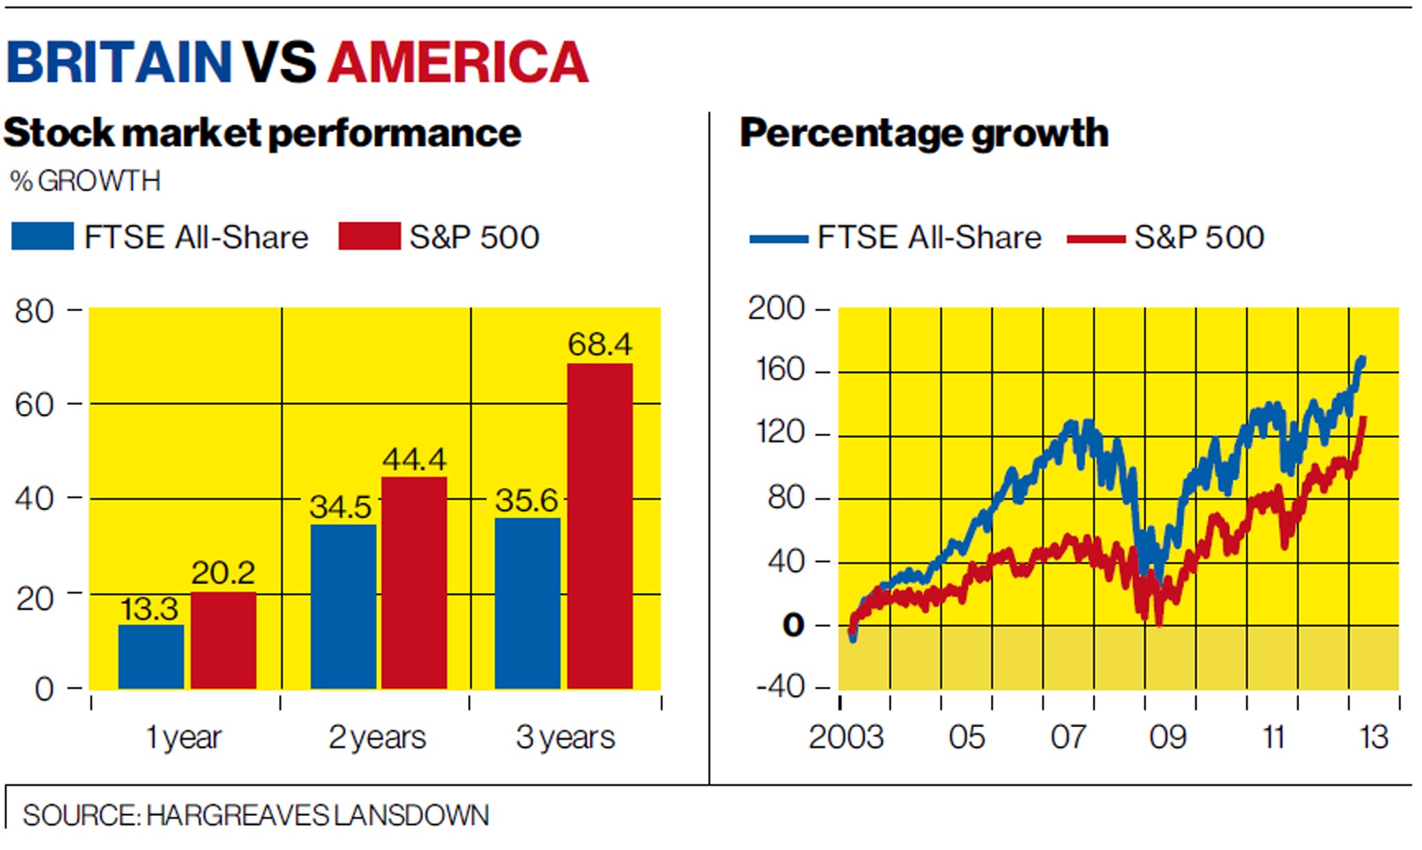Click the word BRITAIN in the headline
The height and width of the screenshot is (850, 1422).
(x=118, y=62)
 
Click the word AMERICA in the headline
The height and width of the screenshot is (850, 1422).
(x=458, y=62)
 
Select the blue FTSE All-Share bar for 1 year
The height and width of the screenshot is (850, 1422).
(x=151, y=656)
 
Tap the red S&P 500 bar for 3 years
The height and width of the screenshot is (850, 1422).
(x=600, y=526)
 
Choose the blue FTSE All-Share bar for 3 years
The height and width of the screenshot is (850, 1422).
(x=528, y=603)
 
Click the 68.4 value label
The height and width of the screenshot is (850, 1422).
(x=600, y=344)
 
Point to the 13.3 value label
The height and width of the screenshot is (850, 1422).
(x=149, y=610)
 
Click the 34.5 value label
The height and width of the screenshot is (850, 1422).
(x=340, y=507)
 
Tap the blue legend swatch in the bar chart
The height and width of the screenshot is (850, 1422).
(x=43, y=236)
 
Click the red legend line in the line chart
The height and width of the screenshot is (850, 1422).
(x=1096, y=239)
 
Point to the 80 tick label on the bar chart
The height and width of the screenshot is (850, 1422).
(x=35, y=311)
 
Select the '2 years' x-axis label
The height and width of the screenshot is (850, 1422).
(x=377, y=737)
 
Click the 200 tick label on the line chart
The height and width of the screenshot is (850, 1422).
(x=776, y=308)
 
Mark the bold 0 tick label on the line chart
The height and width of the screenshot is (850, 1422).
(x=793, y=626)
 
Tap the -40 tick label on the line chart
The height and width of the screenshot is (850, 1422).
(x=781, y=687)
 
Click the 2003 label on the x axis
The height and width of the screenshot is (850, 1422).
(x=846, y=737)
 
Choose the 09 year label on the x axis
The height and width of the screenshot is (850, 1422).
(x=1168, y=737)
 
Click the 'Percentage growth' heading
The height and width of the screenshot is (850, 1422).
(x=924, y=133)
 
